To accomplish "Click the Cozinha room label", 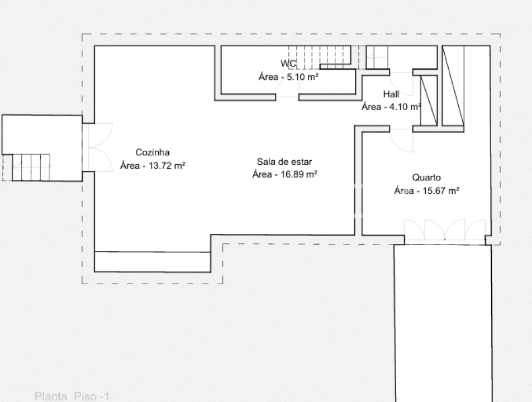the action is click(x=153, y=152).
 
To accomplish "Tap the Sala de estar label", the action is click(x=284, y=162).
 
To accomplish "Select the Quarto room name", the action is click(x=426, y=178).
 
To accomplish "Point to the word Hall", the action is click(x=391, y=94).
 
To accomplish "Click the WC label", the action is click(x=288, y=64).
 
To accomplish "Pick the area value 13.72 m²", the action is click(x=167, y=166).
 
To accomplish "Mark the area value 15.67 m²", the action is click(x=441, y=191).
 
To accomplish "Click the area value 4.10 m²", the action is click(x=405, y=107).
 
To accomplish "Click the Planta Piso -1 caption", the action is click(x=72, y=396).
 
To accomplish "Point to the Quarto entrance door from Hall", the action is click(x=402, y=140).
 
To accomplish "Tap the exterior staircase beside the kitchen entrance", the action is click(x=31, y=167).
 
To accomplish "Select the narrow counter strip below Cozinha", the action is click(x=153, y=262).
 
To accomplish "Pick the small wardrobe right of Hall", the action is click(x=429, y=100).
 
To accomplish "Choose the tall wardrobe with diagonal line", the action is click(x=453, y=86).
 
